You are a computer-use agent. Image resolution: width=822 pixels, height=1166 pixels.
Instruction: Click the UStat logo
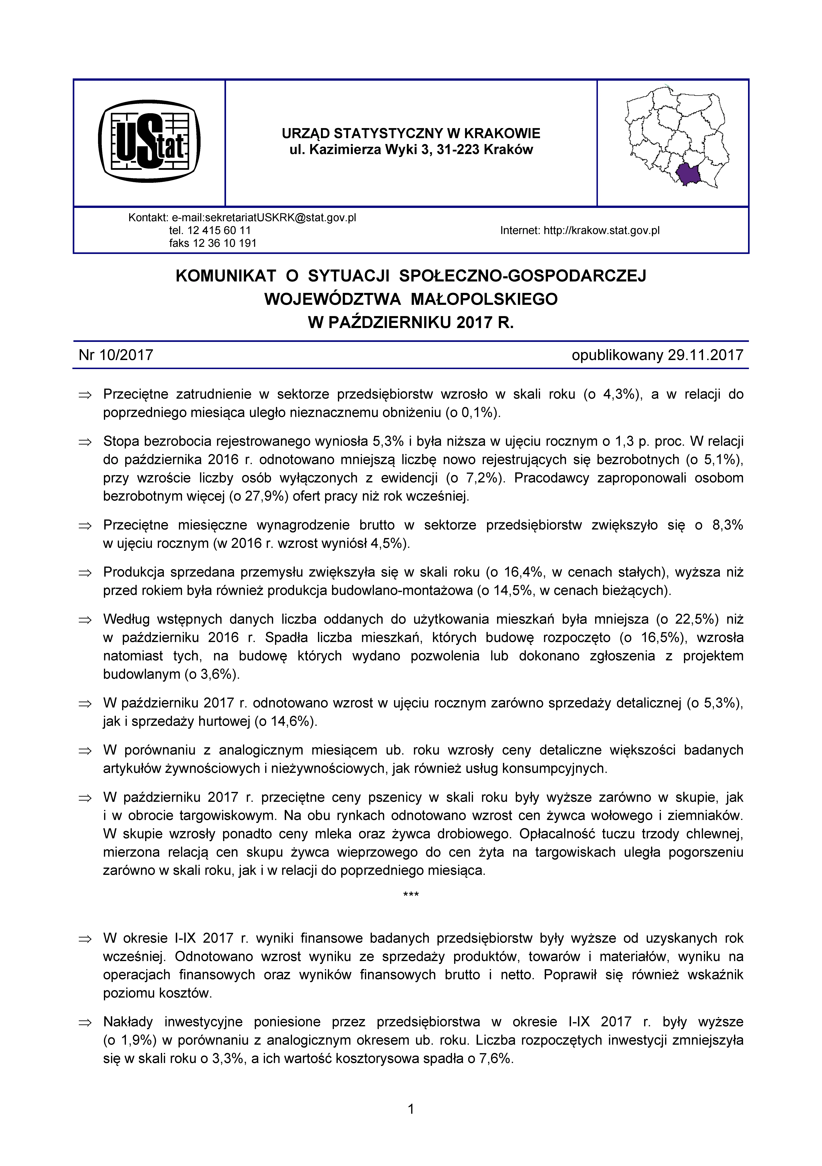pyautogui.click(x=149, y=142)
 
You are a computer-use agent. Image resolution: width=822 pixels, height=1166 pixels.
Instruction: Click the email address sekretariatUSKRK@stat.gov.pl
pyautogui.click(x=264, y=218)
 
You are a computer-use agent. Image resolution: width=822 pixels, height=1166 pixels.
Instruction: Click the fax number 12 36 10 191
pyautogui.click(x=224, y=243)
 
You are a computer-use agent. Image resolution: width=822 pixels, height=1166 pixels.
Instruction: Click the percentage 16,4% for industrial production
pyautogui.click(x=523, y=572)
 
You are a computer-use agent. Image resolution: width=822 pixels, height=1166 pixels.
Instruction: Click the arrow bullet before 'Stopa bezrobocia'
pyautogui.click(x=84, y=442)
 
